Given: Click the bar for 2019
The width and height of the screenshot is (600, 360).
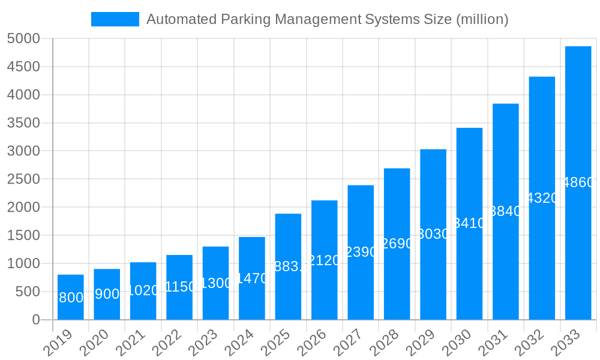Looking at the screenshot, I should pos(71,297).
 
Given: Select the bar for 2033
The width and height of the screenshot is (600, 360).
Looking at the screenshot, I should pos(578,183).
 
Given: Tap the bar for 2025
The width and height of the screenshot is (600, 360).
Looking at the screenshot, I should pos(288,266).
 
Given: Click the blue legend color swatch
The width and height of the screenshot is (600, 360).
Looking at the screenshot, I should pos(115,19).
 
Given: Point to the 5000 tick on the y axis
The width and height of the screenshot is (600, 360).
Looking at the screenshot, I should pos(23,38).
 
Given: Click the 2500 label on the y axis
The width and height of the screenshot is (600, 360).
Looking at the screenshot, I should pos(23,179).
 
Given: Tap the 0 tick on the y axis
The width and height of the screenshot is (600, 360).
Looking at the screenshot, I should pos(35,320).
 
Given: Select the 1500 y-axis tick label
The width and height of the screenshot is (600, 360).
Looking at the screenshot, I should pos(23,235).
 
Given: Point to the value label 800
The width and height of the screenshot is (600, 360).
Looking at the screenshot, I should pos(71,298).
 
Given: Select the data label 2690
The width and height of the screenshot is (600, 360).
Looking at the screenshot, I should pos(397,244).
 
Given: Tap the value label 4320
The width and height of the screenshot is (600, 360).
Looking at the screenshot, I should pos(542,198).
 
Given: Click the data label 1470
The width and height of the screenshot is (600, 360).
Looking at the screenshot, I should pos(252,278).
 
